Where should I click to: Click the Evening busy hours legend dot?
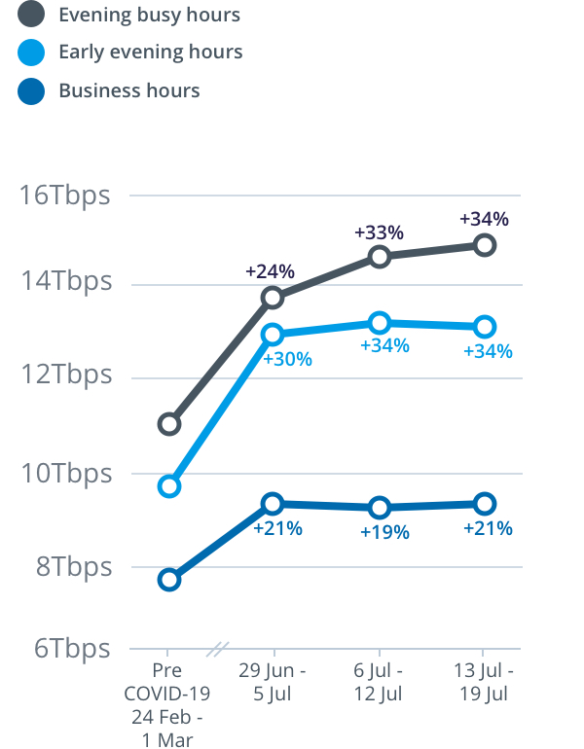[32, 15]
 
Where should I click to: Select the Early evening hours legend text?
[150, 52]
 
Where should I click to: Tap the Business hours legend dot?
[32, 91]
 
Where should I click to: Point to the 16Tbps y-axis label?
[65, 195]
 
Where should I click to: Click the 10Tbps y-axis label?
[65, 474]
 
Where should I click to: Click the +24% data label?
[270, 271]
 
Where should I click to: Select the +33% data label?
[379, 233]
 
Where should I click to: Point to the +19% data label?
[384, 532]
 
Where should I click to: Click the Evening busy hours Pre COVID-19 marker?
[169, 423]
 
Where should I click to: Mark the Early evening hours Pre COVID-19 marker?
[169, 485]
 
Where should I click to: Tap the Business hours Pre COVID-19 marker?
[169, 580]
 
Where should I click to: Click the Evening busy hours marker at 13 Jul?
[485, 244]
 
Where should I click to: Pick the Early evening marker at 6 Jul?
[380, 323]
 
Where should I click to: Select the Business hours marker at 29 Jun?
[274, 503]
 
